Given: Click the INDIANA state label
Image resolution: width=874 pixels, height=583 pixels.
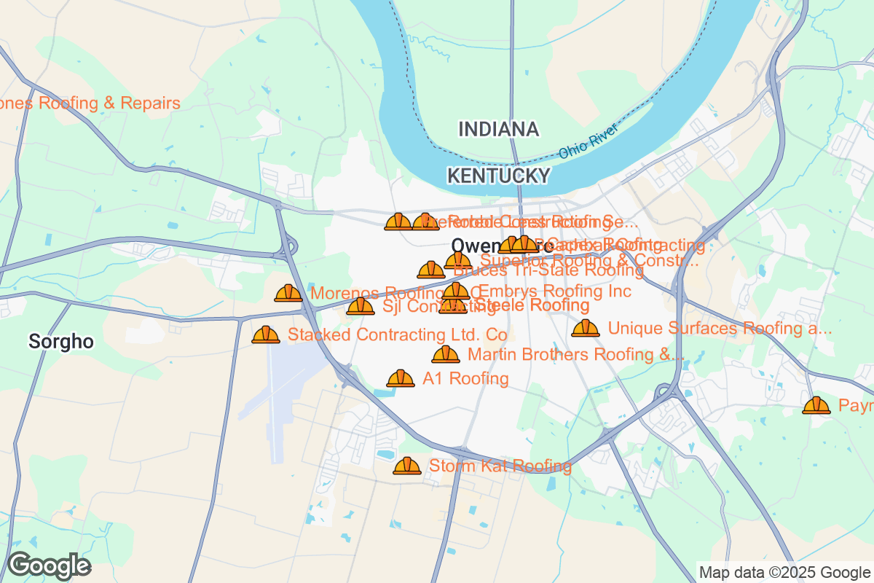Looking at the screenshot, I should pos(499,130).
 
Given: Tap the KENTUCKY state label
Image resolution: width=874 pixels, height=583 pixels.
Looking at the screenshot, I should pos(498,176).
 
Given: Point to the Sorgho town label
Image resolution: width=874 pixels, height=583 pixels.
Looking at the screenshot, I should pos(61,341).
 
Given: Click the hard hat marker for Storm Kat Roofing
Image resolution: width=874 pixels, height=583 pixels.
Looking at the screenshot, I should pos(406,466).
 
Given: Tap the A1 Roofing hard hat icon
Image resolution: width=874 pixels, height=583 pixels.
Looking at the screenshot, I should pos(401,378).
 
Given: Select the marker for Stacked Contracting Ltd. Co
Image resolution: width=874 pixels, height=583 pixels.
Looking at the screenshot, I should pos(266,334).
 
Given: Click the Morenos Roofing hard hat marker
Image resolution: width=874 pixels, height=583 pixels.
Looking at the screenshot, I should pos(288,293).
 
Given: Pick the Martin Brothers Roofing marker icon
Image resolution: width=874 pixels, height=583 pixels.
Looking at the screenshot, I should pos(446,355).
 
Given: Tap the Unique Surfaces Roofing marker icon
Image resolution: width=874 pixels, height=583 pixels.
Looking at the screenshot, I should pos(586,329).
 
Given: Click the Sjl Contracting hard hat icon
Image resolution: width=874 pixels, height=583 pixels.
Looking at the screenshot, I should pos(361,306).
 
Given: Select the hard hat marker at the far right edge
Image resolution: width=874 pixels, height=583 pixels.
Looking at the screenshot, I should pos(816,405).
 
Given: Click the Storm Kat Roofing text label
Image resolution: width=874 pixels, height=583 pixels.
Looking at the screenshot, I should pos(500,466).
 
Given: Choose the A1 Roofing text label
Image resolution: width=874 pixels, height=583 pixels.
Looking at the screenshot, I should pos(465,378).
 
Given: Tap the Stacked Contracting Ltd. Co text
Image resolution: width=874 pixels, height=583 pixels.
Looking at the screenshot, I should pos(398,334).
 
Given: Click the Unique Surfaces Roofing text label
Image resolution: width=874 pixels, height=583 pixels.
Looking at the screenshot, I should pos(720,329).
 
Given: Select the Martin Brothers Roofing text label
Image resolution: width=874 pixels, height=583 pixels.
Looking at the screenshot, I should pos(575,355).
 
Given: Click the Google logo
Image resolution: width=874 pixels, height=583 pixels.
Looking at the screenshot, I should pos(49,566).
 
